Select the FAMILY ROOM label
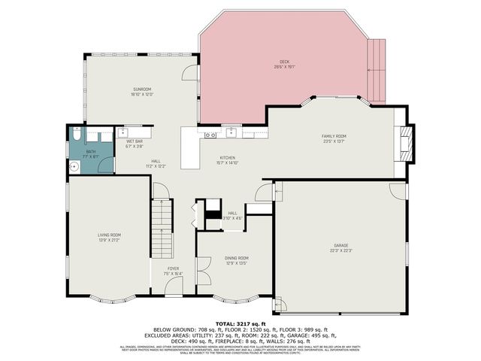click(x=334, y=135)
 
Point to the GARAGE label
click(x=341, y=245)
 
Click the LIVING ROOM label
click(x=109, y=235)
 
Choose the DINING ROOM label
click(x=237, y=258)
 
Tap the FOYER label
click(x=173, y=268)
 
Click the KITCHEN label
click(x=227, y=158)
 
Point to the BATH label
click(x=90, y=151)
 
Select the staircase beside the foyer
click(x=161, y=229)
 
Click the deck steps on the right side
click(x=376, y=71)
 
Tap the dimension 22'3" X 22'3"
click(x=341, y=250)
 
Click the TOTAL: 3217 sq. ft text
click(x=240, y=322)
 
